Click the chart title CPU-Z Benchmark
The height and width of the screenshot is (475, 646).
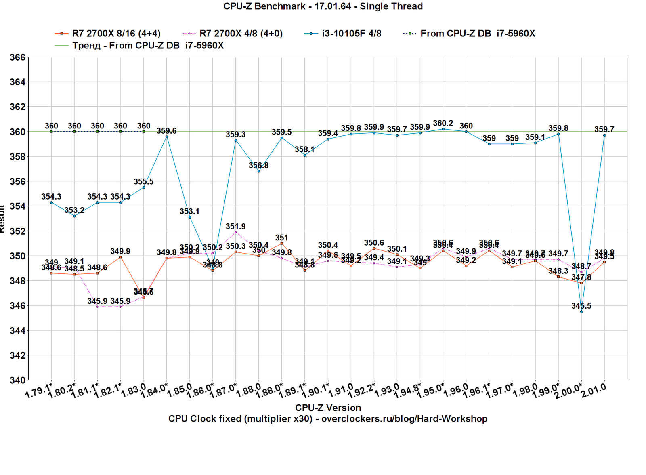point(323,6)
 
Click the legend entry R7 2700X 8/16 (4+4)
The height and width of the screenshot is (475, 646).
point(116,33)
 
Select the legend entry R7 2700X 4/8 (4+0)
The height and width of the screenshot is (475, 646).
point(241,33)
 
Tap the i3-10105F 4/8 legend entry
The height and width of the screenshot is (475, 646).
point(351,33)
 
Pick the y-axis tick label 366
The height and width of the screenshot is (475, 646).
point(17,57)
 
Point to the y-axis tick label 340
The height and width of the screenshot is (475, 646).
point(17,380)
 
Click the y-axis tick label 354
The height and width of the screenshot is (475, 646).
point(17,206)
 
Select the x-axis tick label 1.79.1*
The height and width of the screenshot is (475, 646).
point(39,391)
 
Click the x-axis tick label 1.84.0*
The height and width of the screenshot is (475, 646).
point(154,391)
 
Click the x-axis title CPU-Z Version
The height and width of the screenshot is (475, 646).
point(328,408)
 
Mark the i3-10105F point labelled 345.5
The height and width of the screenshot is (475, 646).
point(581,311)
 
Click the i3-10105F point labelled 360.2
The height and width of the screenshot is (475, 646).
point(443,129)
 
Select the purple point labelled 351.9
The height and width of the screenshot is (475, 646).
point(236,232)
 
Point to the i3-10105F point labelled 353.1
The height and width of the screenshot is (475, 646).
point(190,217)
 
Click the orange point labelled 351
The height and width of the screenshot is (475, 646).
point(282,244)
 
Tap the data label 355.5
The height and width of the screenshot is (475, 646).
point(144,182)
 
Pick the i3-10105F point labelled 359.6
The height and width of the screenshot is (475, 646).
point(167,137)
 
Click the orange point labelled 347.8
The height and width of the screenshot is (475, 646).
point(581,283)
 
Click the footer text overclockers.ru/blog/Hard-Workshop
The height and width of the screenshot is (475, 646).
point(404,419)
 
